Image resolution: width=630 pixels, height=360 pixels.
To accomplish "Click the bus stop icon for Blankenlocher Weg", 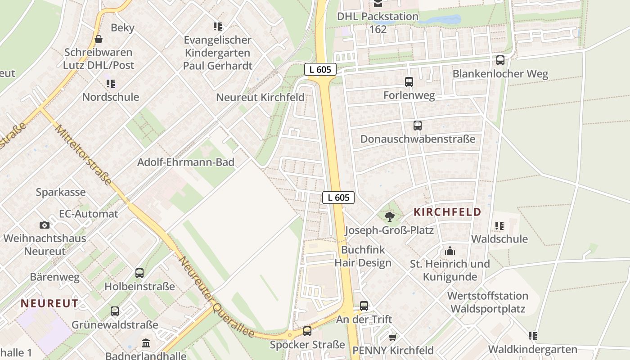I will click(500, 60).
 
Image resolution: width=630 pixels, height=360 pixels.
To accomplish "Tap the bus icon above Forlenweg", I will click(409, 82).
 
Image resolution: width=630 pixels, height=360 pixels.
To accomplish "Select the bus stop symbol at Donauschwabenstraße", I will click(418, 126).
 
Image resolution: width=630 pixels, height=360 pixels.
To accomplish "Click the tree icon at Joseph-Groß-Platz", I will click(390, 217).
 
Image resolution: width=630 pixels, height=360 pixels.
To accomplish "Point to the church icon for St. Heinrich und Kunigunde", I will click(450, 251).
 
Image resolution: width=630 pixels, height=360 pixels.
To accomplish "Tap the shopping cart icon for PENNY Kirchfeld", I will click(392, 337).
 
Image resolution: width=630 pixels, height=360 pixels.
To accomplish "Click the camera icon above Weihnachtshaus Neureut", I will click(44, 225).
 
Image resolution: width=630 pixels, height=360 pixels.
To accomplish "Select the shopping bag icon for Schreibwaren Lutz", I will click(98, 39).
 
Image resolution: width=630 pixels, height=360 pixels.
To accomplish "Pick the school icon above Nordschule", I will click(110, 84).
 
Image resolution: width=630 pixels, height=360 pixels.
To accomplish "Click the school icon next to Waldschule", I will click(499, 225).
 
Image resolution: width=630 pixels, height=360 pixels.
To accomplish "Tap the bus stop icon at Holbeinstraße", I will click(139, 273).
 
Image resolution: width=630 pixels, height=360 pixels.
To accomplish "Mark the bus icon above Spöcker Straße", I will click(307, 331).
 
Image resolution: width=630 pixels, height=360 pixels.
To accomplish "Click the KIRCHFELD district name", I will click(447, 212).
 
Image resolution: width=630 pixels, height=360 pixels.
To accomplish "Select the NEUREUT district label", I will click(49, 303).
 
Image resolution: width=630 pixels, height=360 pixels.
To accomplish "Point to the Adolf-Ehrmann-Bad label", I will click(186, 162).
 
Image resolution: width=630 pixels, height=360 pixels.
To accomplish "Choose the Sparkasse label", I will click(61, 192).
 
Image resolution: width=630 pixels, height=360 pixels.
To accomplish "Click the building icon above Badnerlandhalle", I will click(146, 344).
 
